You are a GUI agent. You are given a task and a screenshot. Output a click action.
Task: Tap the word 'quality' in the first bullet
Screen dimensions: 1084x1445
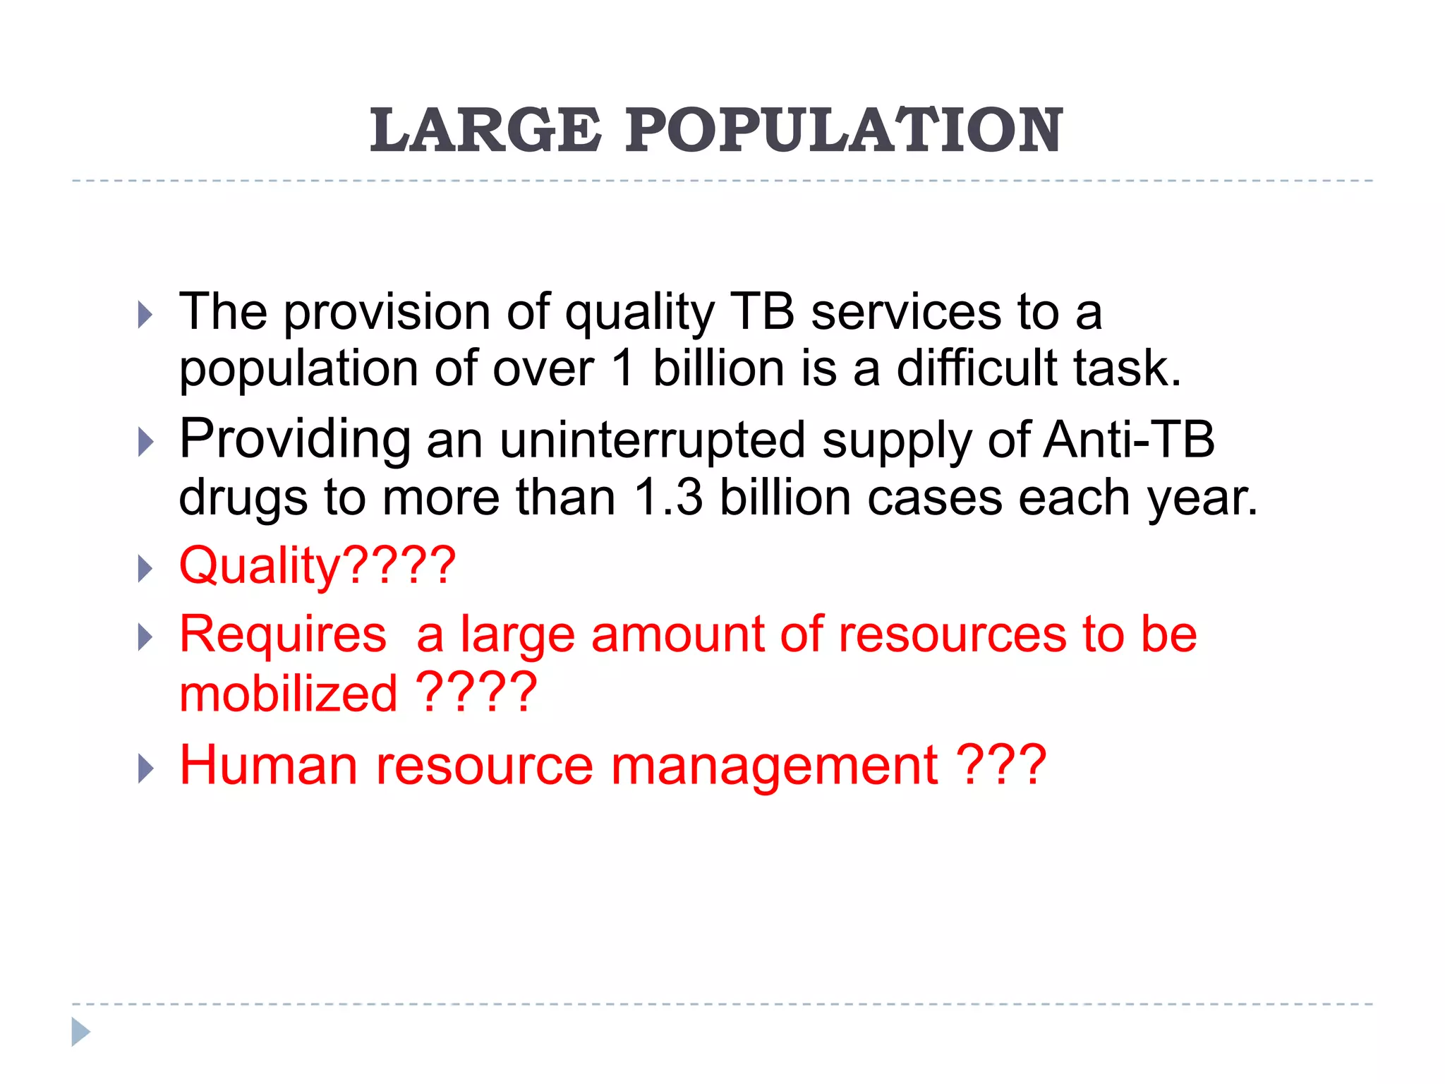pos(640,313)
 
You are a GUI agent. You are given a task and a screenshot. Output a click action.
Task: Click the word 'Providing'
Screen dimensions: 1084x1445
pos(295,440)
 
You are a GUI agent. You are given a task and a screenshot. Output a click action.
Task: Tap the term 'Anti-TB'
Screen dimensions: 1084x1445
pos(1129,439)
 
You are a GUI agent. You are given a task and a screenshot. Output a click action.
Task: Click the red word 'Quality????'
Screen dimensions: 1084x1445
pos(318,567)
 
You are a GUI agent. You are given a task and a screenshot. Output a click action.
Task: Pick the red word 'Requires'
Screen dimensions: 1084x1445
pos(283,634)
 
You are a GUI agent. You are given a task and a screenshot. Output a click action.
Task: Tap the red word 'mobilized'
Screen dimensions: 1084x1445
pos(289,693)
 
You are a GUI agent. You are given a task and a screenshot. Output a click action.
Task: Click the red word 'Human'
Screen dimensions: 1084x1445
pos(269,765)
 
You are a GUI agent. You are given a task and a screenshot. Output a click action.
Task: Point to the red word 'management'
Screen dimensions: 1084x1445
pos(774,766)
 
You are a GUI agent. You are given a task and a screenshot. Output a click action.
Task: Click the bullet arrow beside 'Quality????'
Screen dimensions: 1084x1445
pos(145,569)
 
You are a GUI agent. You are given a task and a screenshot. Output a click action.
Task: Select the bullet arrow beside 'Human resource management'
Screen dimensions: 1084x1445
pos(145,769)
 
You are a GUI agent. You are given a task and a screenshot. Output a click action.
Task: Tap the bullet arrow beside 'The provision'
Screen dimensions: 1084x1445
pos(145,315)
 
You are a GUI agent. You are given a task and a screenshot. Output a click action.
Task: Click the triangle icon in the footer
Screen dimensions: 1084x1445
pos(80,1032)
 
